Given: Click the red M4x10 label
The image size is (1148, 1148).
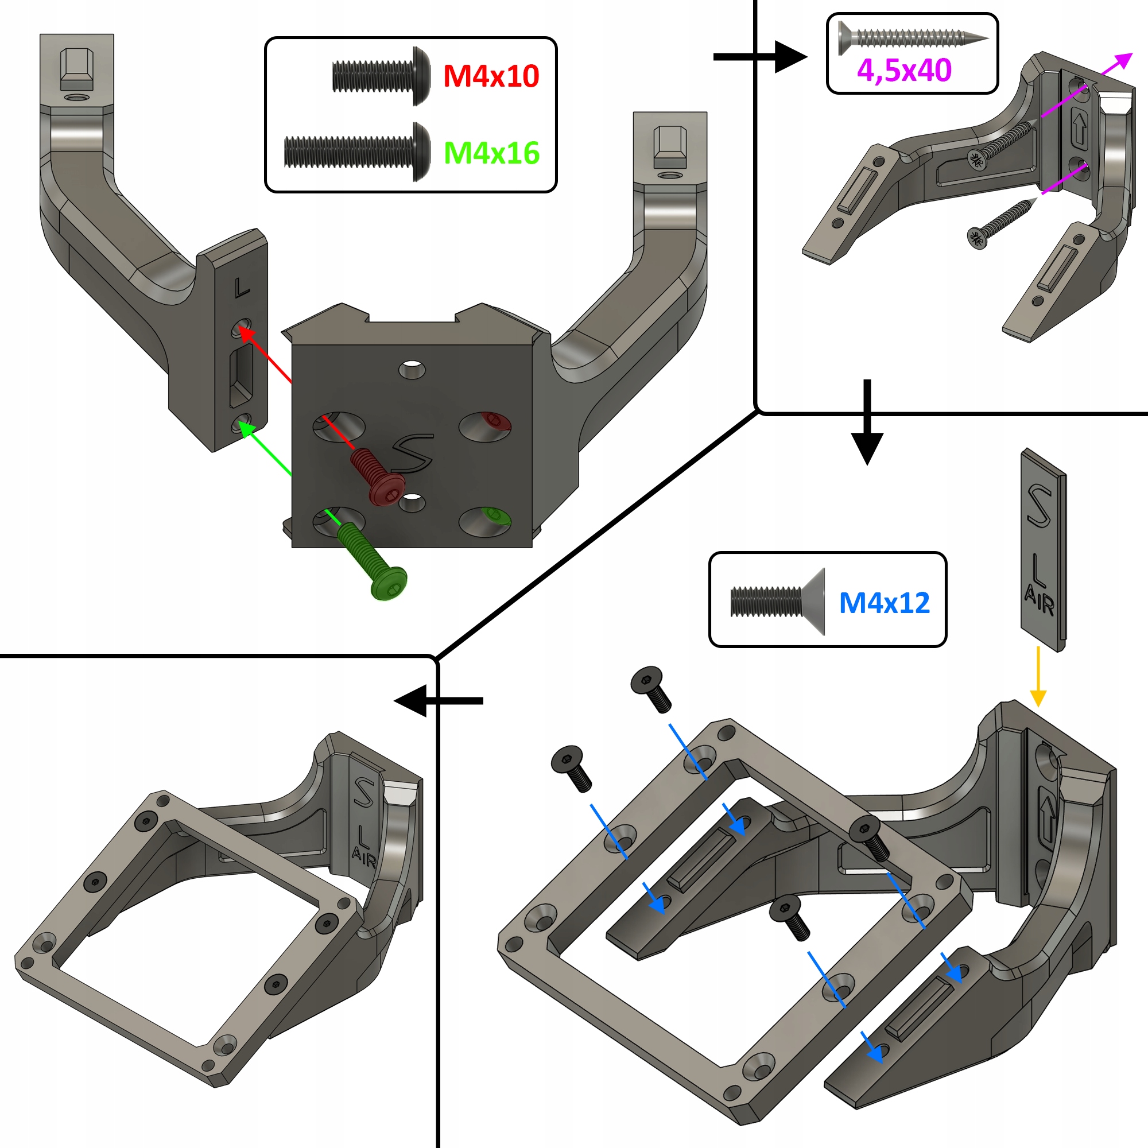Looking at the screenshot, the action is [x=491, y=76].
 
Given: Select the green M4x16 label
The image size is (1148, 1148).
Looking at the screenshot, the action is [x=492, y=153].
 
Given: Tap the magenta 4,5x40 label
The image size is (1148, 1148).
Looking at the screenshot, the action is [x=904, y=71].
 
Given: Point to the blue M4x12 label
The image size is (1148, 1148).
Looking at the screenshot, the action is [x=884, y=603].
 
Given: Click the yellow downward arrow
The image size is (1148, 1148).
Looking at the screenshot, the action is [x=1038, y=677].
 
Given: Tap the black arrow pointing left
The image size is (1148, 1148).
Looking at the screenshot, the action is [x=439, y=701].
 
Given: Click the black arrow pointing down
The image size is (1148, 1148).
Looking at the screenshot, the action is [x=867, y=422].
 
